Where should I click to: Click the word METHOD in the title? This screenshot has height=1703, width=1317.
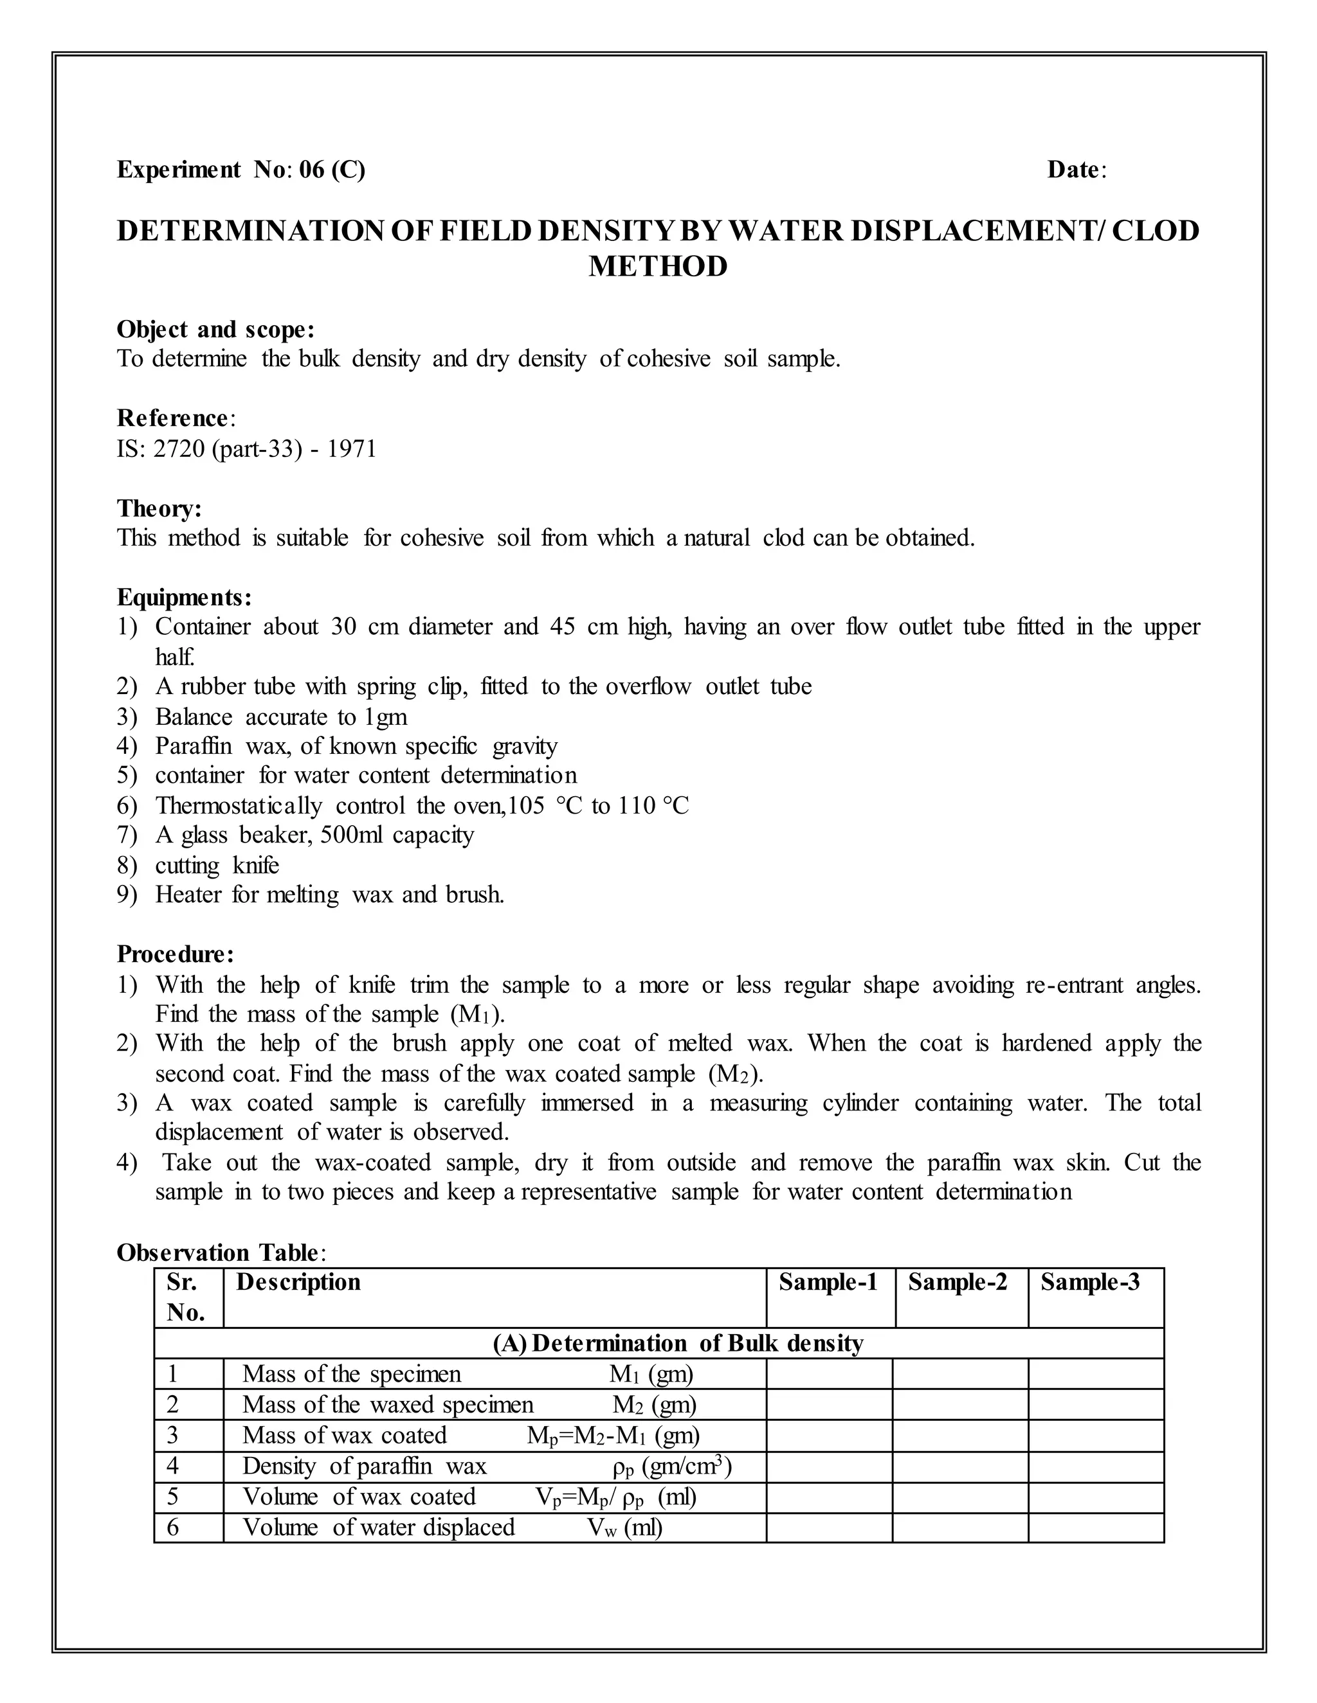[657, 267]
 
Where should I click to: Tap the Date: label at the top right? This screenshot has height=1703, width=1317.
[1076, 169]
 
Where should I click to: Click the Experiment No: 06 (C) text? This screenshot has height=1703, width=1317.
[241, 169]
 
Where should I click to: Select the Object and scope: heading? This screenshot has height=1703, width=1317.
[215, 330]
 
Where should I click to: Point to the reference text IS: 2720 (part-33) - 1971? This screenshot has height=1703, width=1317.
[246, 449]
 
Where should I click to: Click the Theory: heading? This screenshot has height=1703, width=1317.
[159, 508]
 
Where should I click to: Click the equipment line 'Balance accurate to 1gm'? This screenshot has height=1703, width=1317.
[281, 717]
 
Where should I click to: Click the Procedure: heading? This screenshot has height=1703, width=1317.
[175, 954]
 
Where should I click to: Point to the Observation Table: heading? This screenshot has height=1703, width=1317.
[221, 1253]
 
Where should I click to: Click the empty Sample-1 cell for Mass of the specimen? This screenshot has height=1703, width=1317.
[828, 1373]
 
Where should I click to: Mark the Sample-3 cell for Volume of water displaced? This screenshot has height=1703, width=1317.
[1095, 1526]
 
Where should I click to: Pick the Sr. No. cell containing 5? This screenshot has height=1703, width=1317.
[173, 1496]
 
